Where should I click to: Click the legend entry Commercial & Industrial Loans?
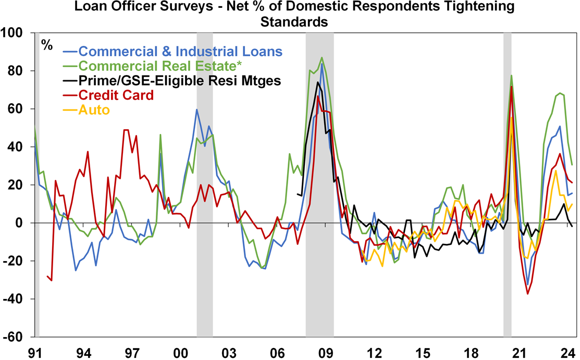(180, 52)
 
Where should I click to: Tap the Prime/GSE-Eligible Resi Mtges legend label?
(180, 81)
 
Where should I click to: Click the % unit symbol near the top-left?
(47, 45)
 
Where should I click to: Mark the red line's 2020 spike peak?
(512, 86)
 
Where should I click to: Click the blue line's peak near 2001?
(196, 109)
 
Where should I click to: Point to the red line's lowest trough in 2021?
(528, 294)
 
